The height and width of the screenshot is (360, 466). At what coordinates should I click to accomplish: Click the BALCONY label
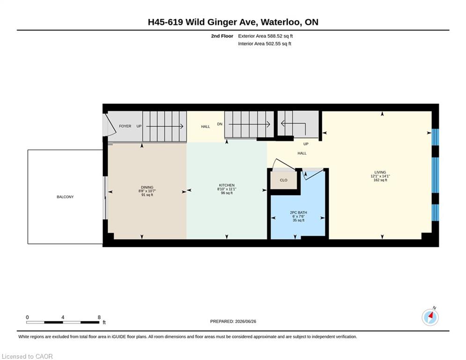[65, 197]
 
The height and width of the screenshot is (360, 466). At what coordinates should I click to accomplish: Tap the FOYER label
[125, 126]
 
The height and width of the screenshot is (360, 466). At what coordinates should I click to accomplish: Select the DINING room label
[147, 187]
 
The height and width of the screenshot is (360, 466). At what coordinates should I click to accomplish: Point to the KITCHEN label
[227, 185]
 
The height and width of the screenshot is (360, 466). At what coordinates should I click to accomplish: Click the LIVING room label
[380, 172]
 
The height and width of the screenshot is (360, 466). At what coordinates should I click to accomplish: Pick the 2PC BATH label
[298, 213]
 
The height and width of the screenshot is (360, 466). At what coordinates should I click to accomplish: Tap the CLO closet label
[283, 180]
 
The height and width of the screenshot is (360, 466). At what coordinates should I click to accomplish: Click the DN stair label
[220, 124]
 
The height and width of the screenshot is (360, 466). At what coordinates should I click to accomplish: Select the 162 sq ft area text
[380, 180]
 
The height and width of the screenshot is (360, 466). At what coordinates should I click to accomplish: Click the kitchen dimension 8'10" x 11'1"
[227, 189]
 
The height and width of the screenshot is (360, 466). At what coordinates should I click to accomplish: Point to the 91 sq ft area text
[147, 195]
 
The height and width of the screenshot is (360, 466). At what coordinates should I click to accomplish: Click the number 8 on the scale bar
[99, 317]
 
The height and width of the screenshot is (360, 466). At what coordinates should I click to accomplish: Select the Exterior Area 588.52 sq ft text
[266, 36]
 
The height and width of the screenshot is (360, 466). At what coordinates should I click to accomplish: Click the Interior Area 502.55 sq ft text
[265, 44]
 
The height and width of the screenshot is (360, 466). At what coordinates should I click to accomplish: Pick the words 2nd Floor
[222, 36]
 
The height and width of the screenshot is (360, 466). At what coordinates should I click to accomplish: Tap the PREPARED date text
[233, 322]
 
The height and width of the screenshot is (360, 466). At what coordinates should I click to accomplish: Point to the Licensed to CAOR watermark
[27, 356]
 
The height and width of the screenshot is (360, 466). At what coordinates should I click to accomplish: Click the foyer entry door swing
[110, 125]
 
